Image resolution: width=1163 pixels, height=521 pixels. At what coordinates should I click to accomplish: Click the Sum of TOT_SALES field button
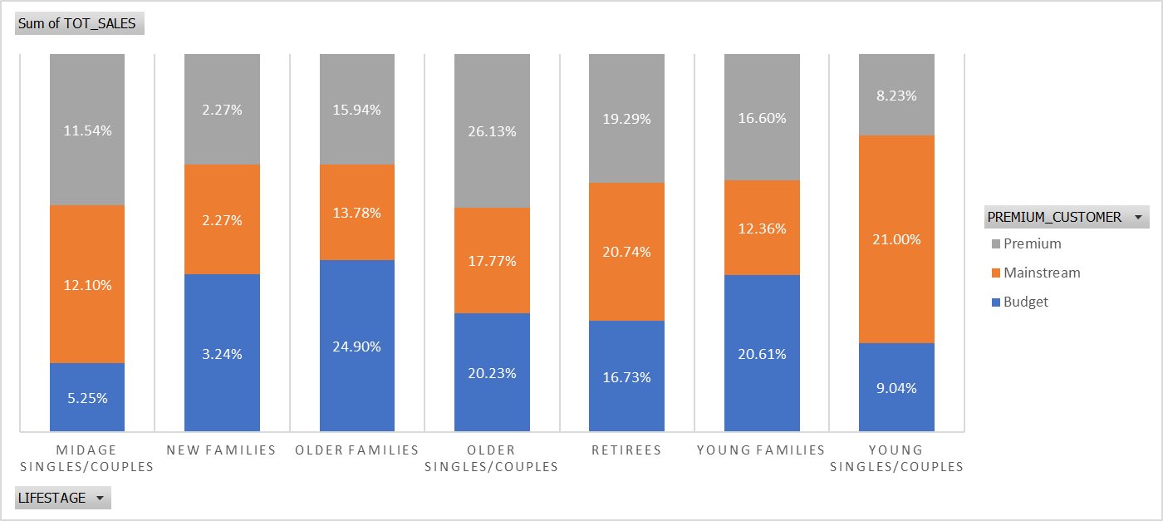tap(79, 24)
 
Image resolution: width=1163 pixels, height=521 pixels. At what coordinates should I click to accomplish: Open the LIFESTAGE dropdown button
tap(62, 498)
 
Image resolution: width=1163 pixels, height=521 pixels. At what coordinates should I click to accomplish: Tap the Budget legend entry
tap(1025, 302)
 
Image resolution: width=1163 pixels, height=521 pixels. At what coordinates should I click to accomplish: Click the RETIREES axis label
tap(626, 450)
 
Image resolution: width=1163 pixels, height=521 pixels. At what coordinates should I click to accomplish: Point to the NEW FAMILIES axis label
tap(221, 450)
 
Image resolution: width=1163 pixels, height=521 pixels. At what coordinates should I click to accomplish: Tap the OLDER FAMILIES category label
tap(357, 450)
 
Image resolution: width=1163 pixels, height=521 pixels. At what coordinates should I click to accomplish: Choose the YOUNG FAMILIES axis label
tap(761, 450)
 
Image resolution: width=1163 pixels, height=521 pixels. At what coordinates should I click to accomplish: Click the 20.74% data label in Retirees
tap(626, 252)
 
